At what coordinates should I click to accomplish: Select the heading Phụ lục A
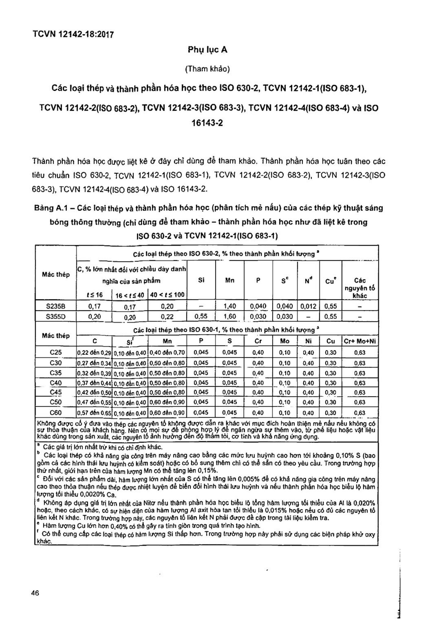(x=207, y=50)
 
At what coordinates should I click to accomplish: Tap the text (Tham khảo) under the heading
(x=207, y=69)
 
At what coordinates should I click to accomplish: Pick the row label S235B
(x=56, y=306)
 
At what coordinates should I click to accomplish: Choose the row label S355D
(x=56, y=317)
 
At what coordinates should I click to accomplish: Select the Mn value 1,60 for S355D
(x=230, y=317)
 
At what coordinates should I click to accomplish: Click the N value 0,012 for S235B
(x=308, y=306)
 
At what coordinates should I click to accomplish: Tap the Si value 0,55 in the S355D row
(x=201, y=317)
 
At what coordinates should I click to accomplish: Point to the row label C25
(x=56, y=352)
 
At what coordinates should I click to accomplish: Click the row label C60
(x=56, y=413)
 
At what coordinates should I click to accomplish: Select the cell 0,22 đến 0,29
(x=94, y=353)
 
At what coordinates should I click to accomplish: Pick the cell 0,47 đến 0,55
(x=94, y=403)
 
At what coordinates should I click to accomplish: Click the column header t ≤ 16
(x=94, y=295)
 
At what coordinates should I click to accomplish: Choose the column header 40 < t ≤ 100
(x=167, y=295)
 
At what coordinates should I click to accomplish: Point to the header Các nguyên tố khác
(x=360, y=288)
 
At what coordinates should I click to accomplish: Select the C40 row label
(x=56, y=383)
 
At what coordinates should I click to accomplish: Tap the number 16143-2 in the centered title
(x=207, y=123)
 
